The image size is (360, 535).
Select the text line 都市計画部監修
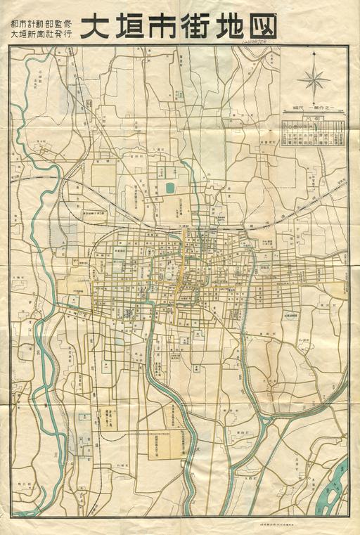(41, 20)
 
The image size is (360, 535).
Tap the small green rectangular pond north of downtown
(169, 188)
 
